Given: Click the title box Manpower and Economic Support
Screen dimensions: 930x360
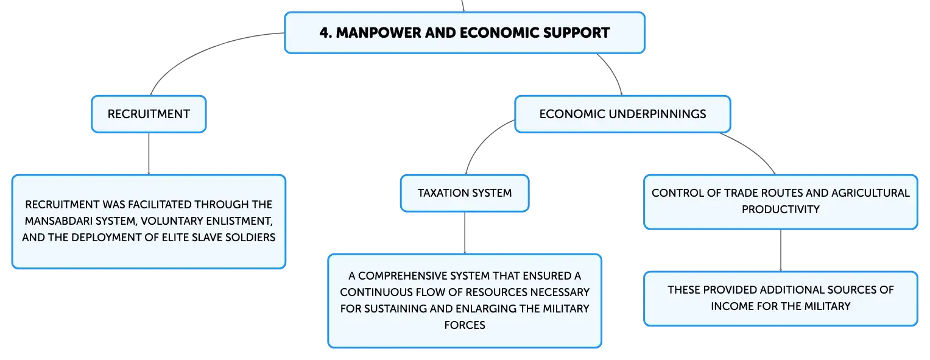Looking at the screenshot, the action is (x=465, y=33).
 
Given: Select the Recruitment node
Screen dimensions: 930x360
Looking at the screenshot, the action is (x=149, y=114).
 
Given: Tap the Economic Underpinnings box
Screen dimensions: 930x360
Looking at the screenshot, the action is (x=622, y=114).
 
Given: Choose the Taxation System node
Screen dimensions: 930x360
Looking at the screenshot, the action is (x=465, y=193).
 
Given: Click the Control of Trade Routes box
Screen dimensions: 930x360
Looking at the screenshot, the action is (x=781, y=202).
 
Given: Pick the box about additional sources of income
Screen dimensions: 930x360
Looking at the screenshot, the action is (x=781, y=298).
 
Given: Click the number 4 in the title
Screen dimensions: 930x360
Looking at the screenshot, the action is (x=325, y=33).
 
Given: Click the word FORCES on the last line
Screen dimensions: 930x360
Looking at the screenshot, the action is (x=465, y=325).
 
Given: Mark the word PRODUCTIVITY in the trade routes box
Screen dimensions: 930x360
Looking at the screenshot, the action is (x=781, y=210).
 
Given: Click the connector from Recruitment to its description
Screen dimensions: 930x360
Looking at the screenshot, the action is (x=149, y=154).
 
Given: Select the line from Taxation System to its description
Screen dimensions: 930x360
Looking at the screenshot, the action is (x=465, y=233).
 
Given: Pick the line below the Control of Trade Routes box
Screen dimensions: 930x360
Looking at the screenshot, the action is (x=781, y=250).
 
